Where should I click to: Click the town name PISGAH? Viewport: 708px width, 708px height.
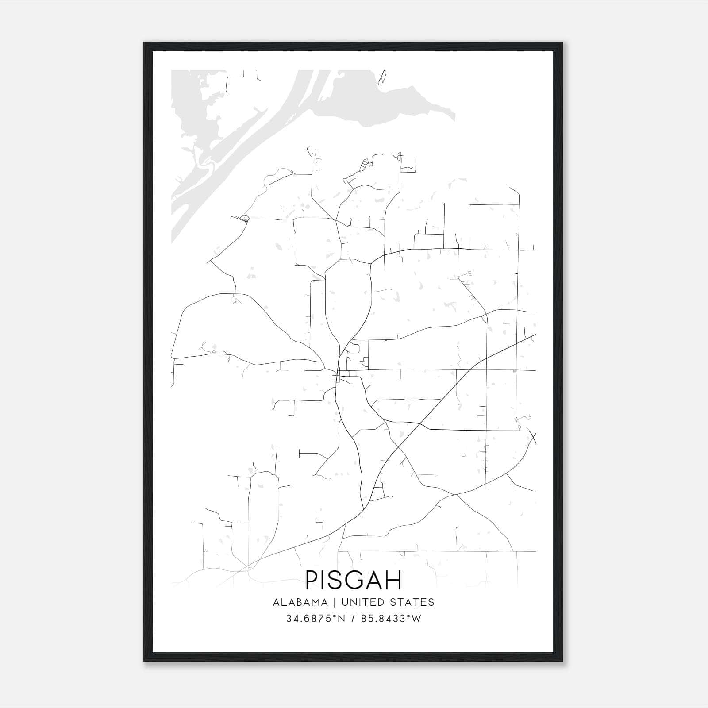(x=354, y=580)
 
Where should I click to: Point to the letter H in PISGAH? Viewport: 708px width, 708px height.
(x=393, y=580)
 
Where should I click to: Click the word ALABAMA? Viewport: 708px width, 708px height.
(x=300, y=602)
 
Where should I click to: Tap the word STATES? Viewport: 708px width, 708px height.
(x=413, y=602)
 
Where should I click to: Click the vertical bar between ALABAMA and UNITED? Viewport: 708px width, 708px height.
(x=335, y=602)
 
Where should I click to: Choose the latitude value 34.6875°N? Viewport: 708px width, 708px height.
(x=315, y=619)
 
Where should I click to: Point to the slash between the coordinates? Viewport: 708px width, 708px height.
(x=353, y=619)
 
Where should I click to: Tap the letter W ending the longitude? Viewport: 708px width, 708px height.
(x=416, y=619)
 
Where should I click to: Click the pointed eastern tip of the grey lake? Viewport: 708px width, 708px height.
(x=454, y=117)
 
